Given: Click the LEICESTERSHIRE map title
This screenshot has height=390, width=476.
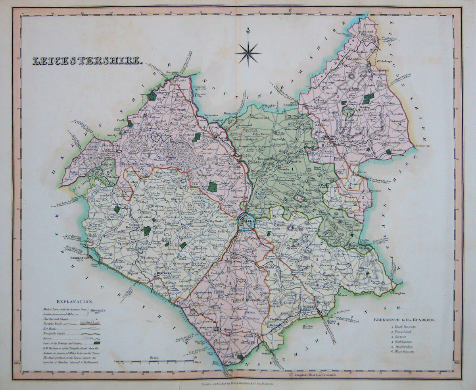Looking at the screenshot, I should click(86, 61).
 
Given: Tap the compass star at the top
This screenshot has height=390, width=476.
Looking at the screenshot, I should click(248, 52).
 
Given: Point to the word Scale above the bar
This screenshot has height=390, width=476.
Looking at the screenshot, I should click(154, 358).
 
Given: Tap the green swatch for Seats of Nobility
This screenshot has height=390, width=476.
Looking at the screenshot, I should click(96, 342).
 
